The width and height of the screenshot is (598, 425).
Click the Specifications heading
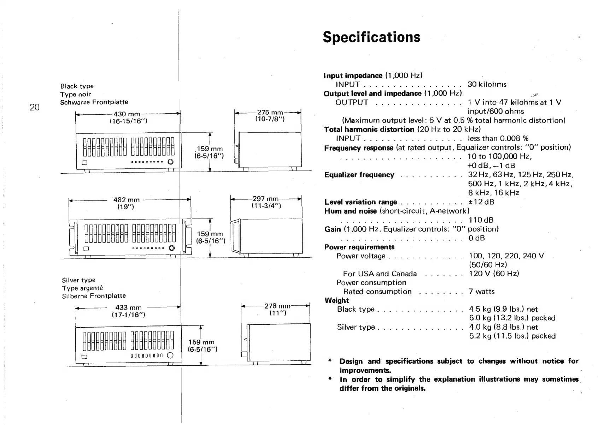tap(371, 37)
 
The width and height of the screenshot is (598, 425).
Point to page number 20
tap(34, 107)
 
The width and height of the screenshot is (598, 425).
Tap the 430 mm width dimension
tap(127, 114)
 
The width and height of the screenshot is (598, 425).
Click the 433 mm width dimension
tap(128, 307)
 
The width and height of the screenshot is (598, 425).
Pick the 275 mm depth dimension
tap(270, 113)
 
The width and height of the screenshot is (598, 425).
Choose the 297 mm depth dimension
tap(266, 199)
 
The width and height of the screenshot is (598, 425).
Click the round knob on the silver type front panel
tap(170, 355)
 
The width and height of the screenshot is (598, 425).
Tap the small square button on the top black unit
tap(84, 163)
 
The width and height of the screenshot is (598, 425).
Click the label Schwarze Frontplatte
tap(94, 102)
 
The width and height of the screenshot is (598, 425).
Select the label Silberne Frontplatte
tap(94, 296)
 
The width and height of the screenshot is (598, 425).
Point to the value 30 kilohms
tap(487, 84)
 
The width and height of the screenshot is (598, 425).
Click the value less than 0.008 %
tap(498, 138)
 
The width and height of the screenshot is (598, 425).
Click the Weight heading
tap(336, 300)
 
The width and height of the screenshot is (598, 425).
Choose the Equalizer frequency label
tap(359, 175)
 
